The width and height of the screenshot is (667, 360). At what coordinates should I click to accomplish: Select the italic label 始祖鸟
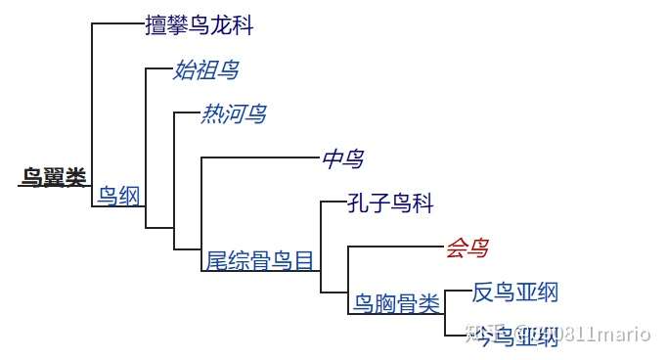pyautogui.click(x=205, y=69)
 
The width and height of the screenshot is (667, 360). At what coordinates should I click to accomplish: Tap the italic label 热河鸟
pyautogui.click(x=233, y=114)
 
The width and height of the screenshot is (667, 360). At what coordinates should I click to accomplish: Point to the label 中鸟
pyautogui.click(x=342, y=158)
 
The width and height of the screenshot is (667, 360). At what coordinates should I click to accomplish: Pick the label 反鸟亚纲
pyautogui.click(x=514, y=292)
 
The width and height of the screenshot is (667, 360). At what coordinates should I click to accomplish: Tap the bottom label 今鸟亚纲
pyautogui.click(x=514, y=337)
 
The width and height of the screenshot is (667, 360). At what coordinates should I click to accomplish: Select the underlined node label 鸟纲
pyautogui.click(x=118, y=196)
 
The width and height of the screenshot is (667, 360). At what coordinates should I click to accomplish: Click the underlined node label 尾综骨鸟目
pyautogui.click(x=260, y=260)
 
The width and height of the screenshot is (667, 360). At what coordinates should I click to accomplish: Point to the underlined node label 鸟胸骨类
pyautogui.click(x=396, y=304)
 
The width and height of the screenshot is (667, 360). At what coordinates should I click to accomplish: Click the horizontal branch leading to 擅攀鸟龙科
pyautogui.click(x=117, y=24)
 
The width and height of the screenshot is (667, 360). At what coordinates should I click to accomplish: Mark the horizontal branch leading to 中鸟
pyautogui.click(x=259, y=157)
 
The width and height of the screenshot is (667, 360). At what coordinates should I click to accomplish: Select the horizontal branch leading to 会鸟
pyautogui.click(x=395, y=247)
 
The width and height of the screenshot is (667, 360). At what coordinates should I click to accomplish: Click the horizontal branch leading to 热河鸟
pyautogui.click(x=186, y=113)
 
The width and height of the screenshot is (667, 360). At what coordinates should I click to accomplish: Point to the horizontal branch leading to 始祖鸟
pyautogui.click(x=158, y=68)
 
